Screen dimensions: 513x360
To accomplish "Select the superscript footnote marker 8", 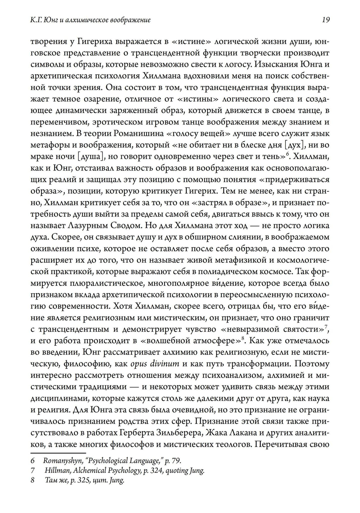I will click(243, 337).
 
